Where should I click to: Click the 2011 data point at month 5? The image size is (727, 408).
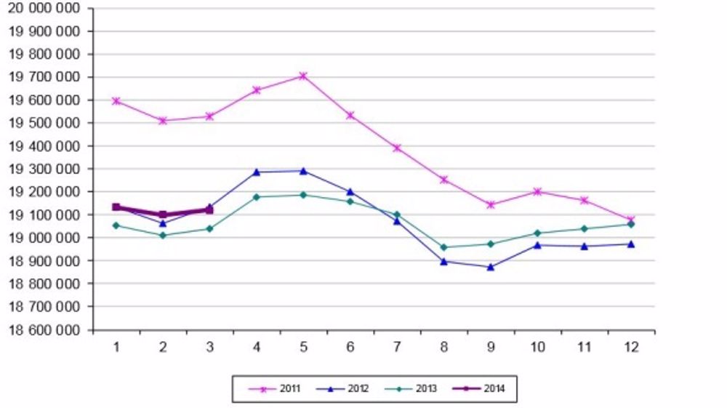coord(303,76)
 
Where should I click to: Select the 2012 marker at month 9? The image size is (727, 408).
coord(491,267)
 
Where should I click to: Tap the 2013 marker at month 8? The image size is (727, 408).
coord(443,247)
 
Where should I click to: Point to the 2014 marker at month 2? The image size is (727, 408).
coord(163,215)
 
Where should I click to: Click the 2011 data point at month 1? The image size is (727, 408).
coord(116,101)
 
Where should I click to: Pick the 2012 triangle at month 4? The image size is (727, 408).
coord(257,172)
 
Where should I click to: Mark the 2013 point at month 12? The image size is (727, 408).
coord(631,224)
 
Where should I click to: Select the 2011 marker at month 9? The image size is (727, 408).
coord(491,205)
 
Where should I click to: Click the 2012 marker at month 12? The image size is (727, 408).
coord(631,244)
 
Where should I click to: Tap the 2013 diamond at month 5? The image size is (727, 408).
coord(303,195)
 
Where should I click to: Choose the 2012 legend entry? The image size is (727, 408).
coord(342,389)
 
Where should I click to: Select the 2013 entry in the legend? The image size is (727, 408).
coord(411,389)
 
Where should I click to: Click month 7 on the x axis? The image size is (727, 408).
coord(397,347)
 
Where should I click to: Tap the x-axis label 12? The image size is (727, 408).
coord(631,347)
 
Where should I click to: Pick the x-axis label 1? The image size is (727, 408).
coord(116,347)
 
